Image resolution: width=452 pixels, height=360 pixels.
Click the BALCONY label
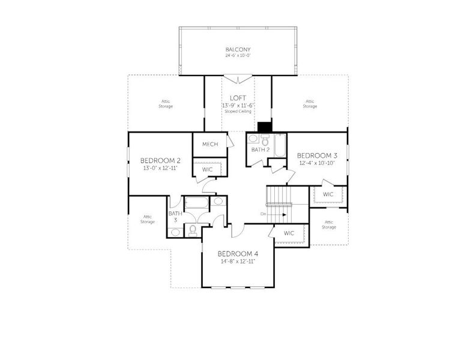tap(238, 49)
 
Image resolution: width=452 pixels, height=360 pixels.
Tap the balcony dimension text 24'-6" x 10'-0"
tap(238, 55)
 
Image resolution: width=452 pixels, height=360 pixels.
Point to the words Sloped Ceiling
tap(238, 111)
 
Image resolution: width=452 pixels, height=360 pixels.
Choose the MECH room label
tap(209, 145)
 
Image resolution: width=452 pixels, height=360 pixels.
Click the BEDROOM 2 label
tap(160, 161)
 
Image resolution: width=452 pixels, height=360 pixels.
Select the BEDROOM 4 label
tap(238, 254)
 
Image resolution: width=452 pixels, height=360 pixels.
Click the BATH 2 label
tap(259, 150)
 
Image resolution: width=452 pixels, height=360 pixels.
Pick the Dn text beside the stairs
tap(263, 213)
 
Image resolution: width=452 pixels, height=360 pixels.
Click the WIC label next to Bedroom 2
tap(208, 170)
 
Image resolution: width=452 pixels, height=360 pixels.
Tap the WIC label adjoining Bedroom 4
tap(289, 233)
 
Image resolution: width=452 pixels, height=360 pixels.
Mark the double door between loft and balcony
tap(238, 79)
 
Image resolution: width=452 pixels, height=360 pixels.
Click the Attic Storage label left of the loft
tap(166, 103)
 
